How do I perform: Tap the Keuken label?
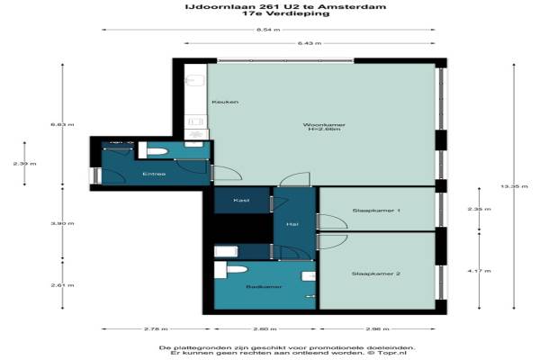click(x=225, y=102)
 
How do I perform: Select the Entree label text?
click(x=154, y=174)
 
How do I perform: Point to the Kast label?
click(x=241, y=200)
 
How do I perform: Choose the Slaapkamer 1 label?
click(x=376, y=210)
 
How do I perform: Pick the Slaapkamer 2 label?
click(x=376, y=273)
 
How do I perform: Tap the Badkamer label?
click(x=264, y=287)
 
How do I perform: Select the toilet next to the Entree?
click(x=153, y=151)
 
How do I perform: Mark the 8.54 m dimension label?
click(x=267, y=30)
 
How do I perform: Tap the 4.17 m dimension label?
click(x=486, y=271)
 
